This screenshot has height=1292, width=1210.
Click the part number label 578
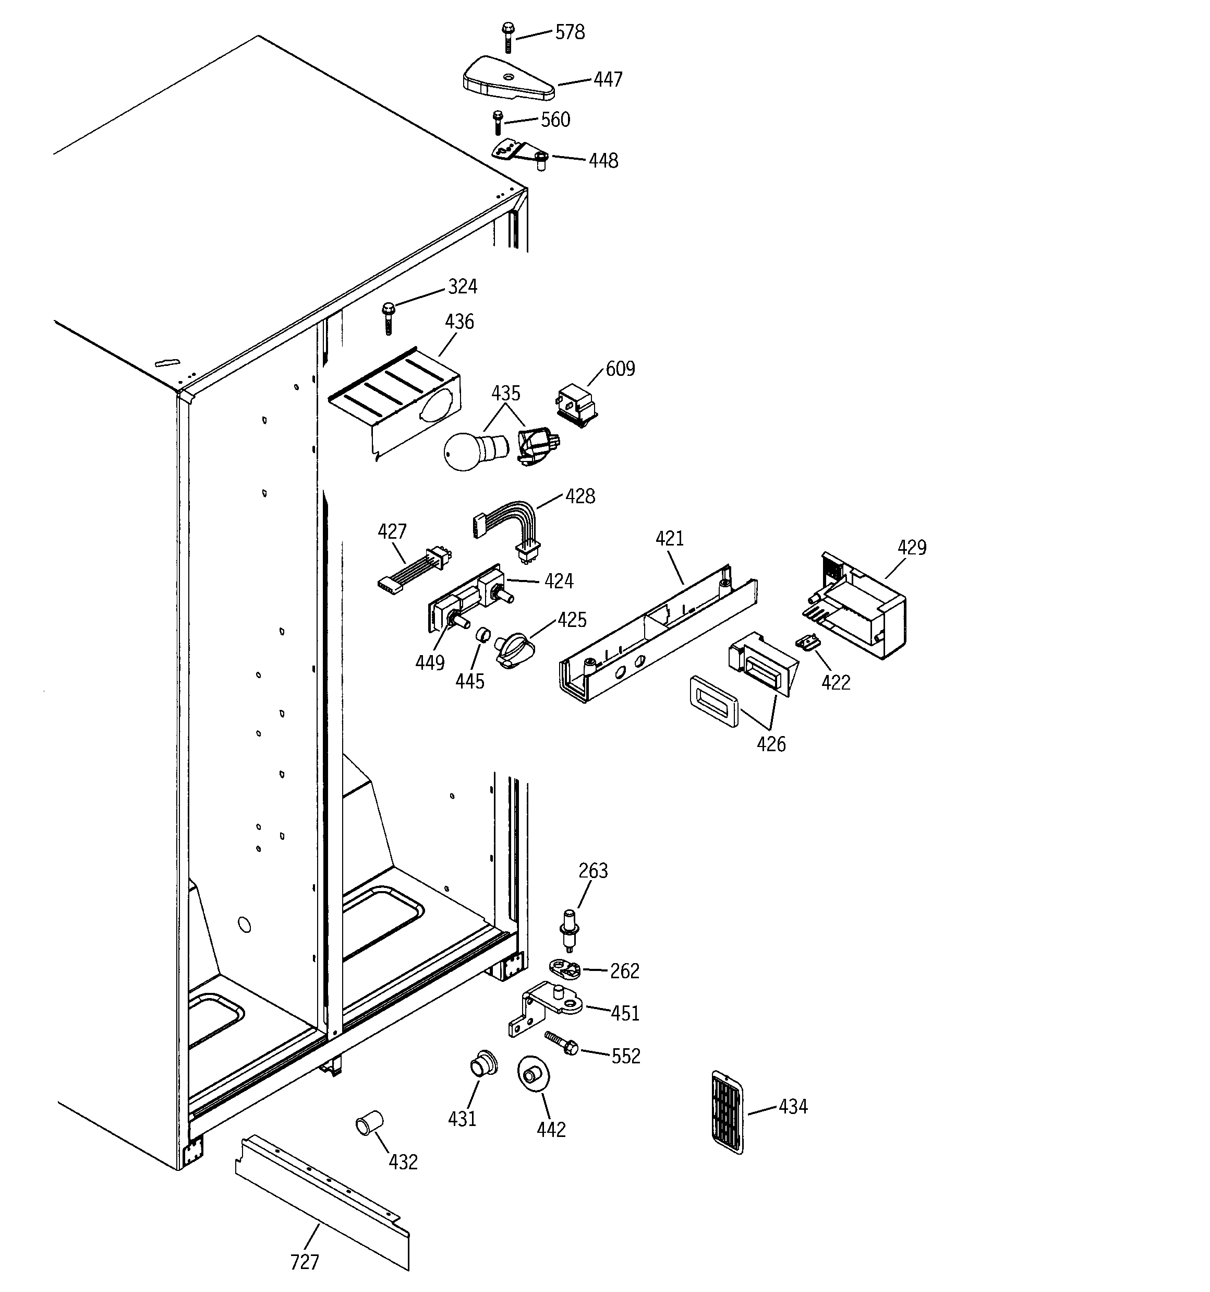coord(570,32)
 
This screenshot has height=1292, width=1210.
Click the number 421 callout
coord(670,538)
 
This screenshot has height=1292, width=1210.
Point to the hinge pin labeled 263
coord(570,930)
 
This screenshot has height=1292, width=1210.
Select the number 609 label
coord(620,369)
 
